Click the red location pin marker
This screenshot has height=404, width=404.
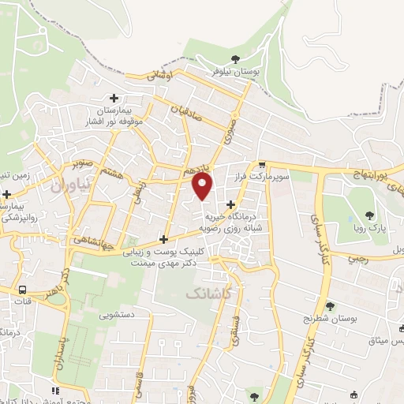coord(203,187)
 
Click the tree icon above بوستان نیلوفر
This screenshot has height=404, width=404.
coord(234,58)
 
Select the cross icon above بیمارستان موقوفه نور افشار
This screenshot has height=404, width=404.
coord(114,99)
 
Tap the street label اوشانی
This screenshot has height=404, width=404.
coord(158,76)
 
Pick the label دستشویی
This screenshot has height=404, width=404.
coord(115,315)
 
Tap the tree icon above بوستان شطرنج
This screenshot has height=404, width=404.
coord(330,305)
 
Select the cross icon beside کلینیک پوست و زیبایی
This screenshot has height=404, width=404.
coord(163,239)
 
